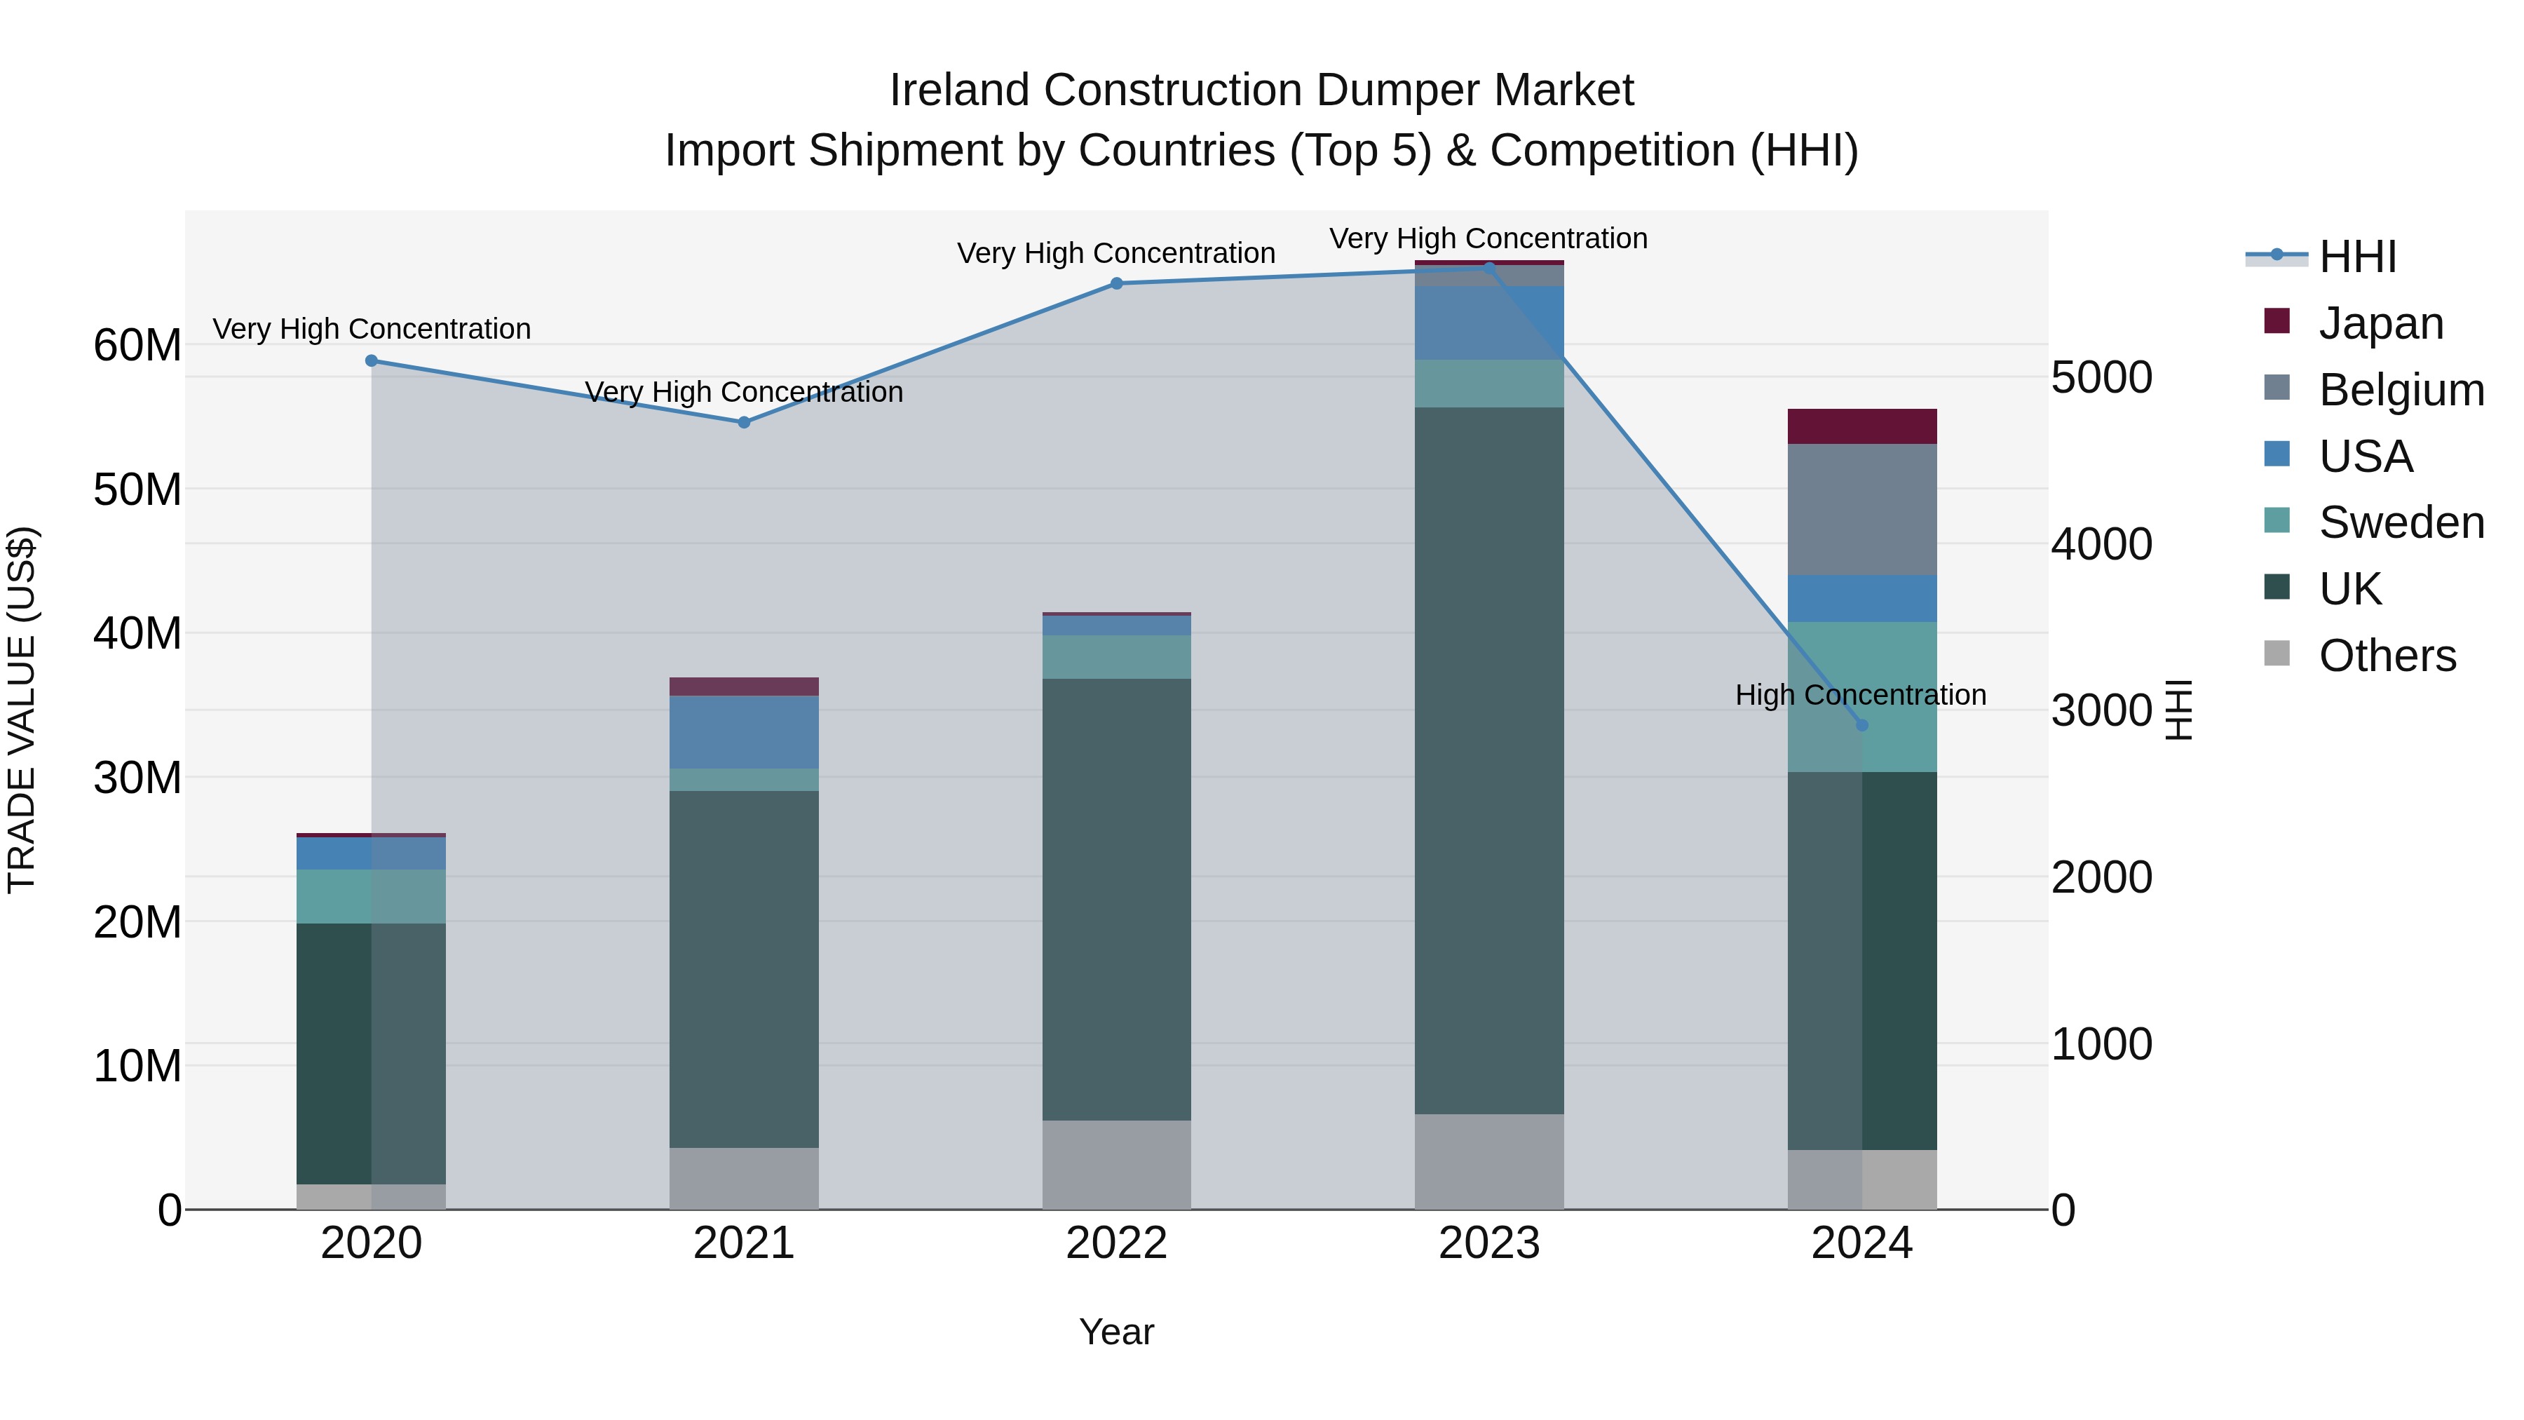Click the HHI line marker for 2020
pos(372,360)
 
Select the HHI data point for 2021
pos(744,422)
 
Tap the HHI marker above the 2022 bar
pos(1116,283)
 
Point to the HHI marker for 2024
pos(1861,725)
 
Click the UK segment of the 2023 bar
pos(1488,759)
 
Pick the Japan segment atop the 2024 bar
pos(1861,426)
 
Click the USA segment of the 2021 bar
pos(744,732)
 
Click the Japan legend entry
pos(2380,323)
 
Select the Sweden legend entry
pos(2401,522)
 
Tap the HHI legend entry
pos(2356,257)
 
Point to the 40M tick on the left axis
pos(137,633)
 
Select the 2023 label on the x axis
pos(1488,1243)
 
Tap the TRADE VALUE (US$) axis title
pos(22,710)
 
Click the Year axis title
pos(1116,1332)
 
